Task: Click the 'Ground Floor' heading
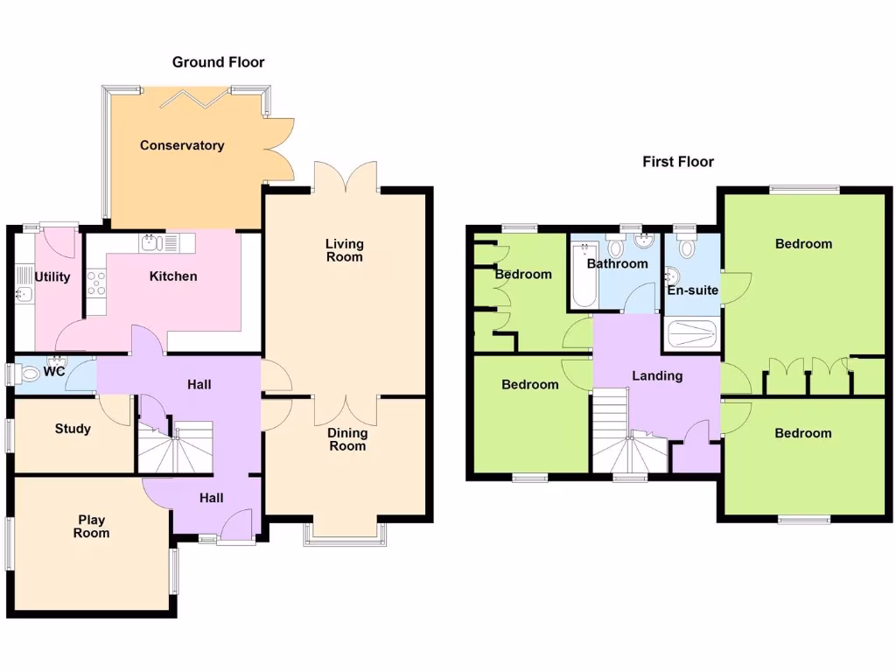(218, 62)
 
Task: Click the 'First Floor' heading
(678, 162)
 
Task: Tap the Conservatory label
(182, 145)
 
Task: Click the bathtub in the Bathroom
(582, 276)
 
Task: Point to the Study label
(73, 429)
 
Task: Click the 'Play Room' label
(91, 526)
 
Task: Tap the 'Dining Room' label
(347, 439)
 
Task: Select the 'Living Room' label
(344, 250)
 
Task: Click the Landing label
(657, 376)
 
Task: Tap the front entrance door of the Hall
(237, 527)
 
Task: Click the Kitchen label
(173, 276)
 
